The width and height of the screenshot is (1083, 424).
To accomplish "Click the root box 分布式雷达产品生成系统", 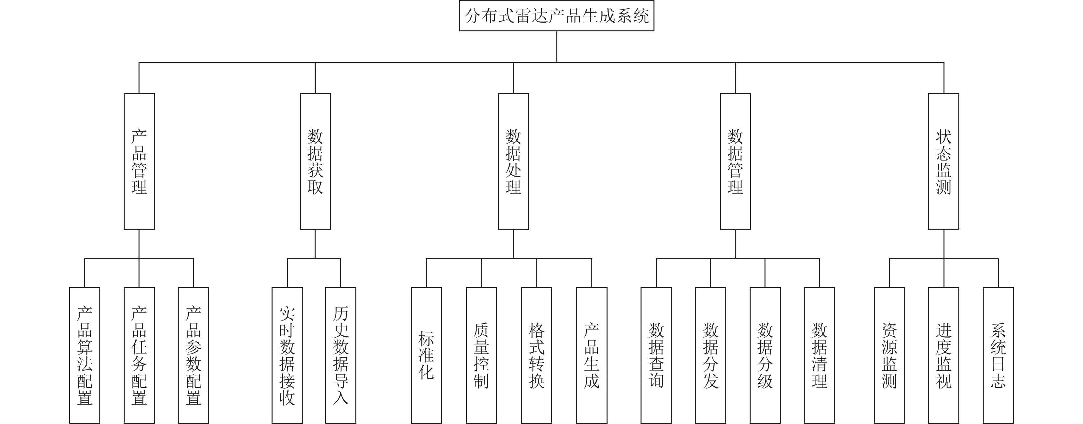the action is pos(557,16).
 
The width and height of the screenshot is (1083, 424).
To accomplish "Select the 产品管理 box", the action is pos(139,161).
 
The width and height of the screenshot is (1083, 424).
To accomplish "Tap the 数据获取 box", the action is pos(315,161).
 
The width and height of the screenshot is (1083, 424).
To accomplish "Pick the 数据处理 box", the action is pos(513,161).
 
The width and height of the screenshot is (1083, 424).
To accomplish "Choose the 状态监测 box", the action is pos(943,161).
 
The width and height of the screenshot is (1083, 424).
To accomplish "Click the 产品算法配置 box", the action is pos(84,355).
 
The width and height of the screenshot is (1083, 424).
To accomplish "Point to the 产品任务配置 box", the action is pos(139,355).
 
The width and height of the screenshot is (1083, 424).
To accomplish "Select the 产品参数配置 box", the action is pos(194,355).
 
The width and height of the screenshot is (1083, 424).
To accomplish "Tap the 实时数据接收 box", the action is pos(287,355).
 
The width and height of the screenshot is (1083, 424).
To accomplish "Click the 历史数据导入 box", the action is pos(341,355).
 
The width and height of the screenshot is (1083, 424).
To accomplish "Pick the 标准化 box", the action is pos(426,355).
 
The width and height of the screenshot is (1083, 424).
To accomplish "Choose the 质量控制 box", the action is pos(481,355).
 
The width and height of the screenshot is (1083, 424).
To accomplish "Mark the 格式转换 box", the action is pos(536,355).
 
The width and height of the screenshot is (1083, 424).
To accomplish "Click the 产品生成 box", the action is pos(592,355).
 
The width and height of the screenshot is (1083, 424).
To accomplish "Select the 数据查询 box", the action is pos(656,355).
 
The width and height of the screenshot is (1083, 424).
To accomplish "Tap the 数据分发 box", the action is pos(710,355).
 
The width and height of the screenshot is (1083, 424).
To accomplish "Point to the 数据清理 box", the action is pos(820,355).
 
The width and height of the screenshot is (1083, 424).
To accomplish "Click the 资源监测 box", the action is pos(889,355).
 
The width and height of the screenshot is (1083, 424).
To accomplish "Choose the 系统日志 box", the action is pos(998,355).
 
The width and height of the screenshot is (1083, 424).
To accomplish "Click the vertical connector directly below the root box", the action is pos(557,47).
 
